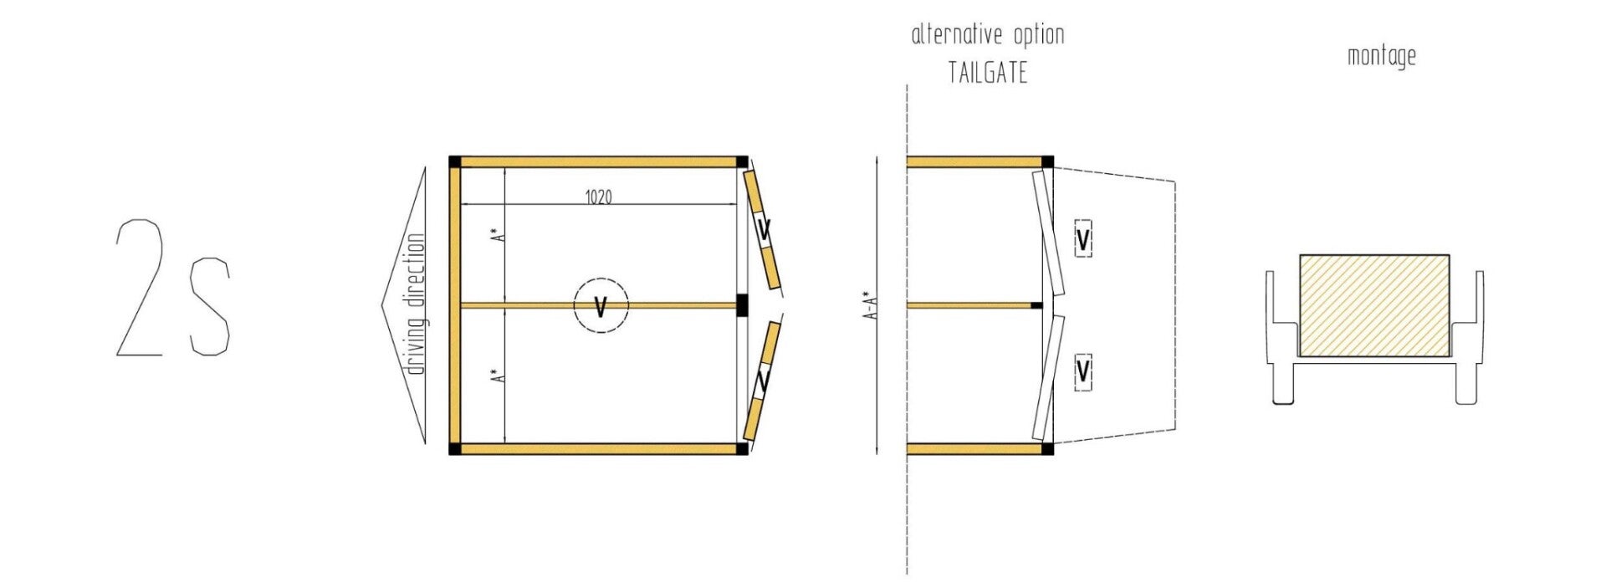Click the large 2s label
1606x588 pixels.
(x=172, y=289)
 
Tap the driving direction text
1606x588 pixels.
(x=416, y=304)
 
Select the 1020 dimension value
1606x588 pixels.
(x=598, y=197)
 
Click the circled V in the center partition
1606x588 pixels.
(x=600, y=306)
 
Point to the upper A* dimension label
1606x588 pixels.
(x=499, y=235)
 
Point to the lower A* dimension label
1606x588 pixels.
(x=499, y=376)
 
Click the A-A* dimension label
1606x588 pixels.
(x=871, y=305)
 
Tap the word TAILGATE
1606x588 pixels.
(x=987, y=74)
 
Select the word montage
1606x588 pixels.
(x=1381, y=56)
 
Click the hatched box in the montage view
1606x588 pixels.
(x=1374, y=305)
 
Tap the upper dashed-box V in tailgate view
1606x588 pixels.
(x=1082, y=240)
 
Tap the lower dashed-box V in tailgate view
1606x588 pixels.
(x=1082, y=371)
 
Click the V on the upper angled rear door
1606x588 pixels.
(x=764, y=228)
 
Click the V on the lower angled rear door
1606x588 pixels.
(x=763, y=381)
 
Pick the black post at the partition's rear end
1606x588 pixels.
(x=742, y=305)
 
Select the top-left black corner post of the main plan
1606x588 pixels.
(x=455, y=161)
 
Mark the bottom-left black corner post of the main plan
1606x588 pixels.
(x=455, y=449)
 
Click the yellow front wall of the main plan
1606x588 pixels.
(x=455, y=305)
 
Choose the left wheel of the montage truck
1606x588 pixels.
(x=1282, y=383)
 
